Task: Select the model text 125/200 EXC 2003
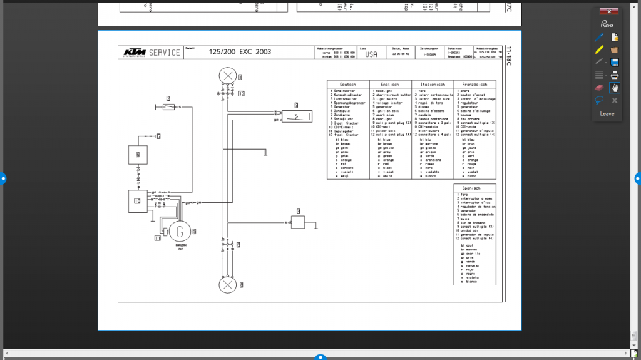[x=240, y=52]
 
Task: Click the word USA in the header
[x=371, y=54]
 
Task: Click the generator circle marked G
[x=180, y=231]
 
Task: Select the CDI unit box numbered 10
[x=137, y=200]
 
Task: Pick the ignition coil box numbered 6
[x=137, y=153]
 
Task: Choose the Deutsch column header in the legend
[x=347, y=84]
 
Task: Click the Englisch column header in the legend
[x=390, y=84]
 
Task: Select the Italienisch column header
[x=432, y=84]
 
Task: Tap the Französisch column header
[x=474, y=84]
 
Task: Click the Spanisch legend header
[x=474, y=188]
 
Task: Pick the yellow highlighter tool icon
[x=600, y=49]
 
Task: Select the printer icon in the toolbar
[x=615, y=75]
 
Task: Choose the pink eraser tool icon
[x=600, y=88]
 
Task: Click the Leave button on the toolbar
[x=607, y=114]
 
